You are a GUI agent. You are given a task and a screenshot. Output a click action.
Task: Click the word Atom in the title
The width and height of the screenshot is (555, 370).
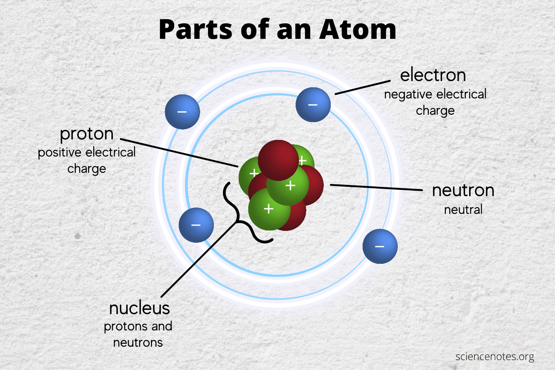coord(358,30)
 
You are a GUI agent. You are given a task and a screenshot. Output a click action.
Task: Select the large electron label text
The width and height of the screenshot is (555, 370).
coord(433,75)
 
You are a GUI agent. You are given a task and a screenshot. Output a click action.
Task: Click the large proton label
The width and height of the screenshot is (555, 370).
coord(87,134)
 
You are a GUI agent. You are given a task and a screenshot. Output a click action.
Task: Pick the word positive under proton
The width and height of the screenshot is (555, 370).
coord(60,152)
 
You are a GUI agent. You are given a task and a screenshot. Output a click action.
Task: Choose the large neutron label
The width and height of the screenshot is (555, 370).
coord(463,191)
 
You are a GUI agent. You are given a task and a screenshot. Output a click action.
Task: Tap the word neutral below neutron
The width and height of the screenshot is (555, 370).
coord(463,210)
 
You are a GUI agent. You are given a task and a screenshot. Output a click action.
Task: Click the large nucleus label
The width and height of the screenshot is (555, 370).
coord(139,308)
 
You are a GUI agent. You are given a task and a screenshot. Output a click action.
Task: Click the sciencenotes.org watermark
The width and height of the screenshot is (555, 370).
coord(495,357)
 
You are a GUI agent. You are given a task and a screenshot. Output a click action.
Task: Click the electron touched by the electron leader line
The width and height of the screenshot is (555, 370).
coord(313,105)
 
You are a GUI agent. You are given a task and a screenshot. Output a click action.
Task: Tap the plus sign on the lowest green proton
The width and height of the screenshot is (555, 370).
coord(269,209)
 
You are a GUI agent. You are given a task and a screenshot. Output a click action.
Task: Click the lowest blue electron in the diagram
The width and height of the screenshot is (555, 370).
coord(380,246)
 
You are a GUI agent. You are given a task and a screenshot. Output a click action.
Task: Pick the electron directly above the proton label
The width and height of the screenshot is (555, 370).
coord(182,112)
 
